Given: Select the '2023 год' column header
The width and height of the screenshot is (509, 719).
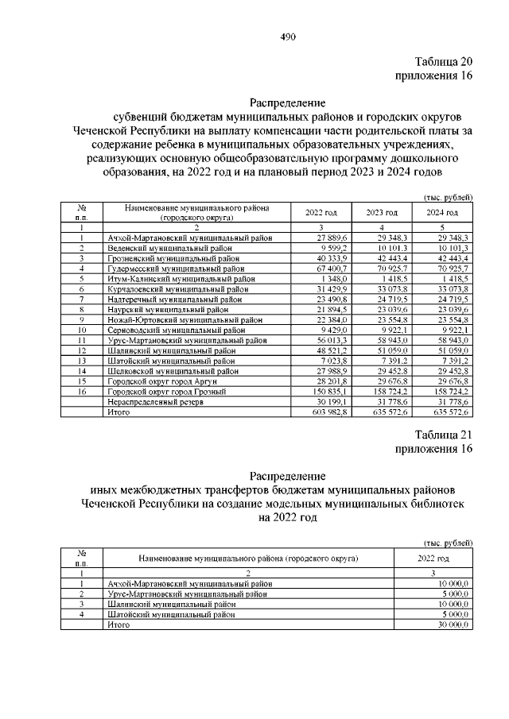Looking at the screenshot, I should [382, 213].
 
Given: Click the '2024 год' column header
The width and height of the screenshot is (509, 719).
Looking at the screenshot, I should [442, 213].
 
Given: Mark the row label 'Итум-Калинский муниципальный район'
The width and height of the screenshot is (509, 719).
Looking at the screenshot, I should [181, 279].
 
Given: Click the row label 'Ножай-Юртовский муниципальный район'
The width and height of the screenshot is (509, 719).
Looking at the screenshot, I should [185, 320].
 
